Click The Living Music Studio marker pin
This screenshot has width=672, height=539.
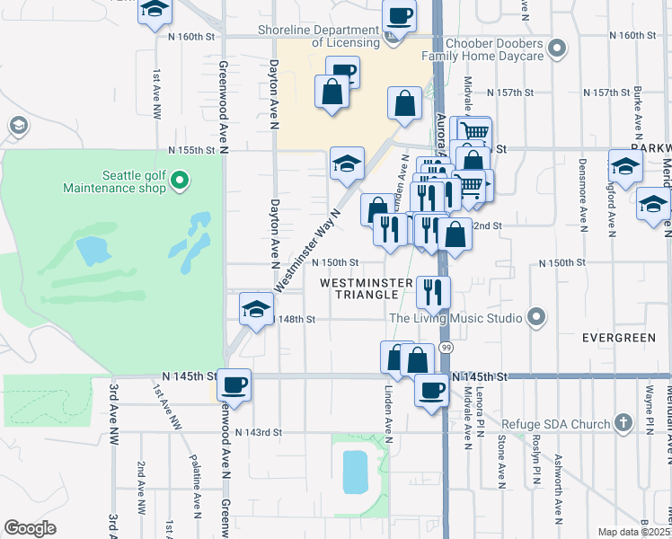tap(537, 318)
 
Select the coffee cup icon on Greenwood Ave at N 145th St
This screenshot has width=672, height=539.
tap(234, 384)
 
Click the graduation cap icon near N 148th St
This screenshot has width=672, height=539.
tap(256, 310)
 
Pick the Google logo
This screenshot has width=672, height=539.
tap(30, 527)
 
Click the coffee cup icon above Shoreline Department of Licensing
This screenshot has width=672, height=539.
tap(399, 14)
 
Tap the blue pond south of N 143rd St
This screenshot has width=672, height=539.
tap(355, 471)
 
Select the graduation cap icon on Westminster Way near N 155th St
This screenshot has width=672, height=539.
tap(347, 163)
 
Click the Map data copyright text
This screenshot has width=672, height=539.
tap(633, 532)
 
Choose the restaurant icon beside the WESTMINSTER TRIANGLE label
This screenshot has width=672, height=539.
tap(433, 291)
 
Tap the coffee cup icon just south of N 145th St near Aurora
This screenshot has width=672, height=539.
tap(431, 390)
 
